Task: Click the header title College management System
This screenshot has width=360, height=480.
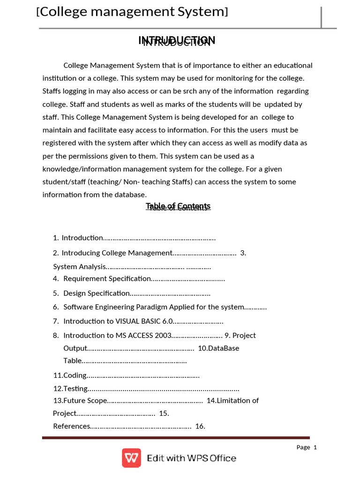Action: click(x=132, y=12)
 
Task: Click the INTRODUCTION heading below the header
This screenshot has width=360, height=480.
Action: click(x=177, y=41)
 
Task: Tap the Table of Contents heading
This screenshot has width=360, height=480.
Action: click(x=178, y=207)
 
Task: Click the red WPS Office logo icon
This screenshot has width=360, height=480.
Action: click(x=131, y=458)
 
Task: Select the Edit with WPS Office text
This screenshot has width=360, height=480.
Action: click(x=191, y=458)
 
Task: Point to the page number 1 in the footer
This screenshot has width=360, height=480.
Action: click(x=315, y=447)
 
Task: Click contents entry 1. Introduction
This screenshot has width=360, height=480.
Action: click(x=82, y=238)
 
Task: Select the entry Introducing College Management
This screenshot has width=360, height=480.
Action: click(x=117, y=253)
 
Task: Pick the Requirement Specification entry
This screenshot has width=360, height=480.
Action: click(x=107, y=279)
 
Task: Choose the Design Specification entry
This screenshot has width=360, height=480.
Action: click(x=97, y=293)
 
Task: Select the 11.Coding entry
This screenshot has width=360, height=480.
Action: click(x=70, y=375)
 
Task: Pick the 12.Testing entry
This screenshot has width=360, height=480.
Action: click(x=70, y=389)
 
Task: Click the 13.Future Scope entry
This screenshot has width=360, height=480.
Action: click(x=80, y=401)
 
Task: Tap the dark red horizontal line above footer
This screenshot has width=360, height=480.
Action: click(x=176, y=438)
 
